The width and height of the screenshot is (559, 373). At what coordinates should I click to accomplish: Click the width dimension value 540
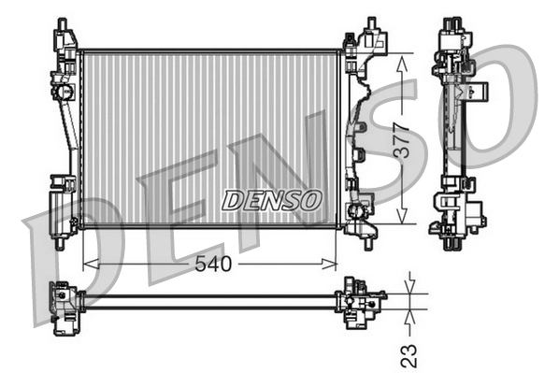tap(212, 265)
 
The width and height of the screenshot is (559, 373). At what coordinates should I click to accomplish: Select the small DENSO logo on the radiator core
tap(271, 200)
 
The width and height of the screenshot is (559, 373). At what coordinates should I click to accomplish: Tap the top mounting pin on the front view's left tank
tap(62, 23)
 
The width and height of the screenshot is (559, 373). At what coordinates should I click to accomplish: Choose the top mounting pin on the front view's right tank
tap(371, 22)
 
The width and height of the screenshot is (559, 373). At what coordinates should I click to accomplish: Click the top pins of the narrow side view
tap(453, 22)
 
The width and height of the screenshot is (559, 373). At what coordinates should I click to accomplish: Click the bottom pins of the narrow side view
tap(453, 243)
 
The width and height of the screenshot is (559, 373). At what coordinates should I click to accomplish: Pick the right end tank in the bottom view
tap(359, 300)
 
